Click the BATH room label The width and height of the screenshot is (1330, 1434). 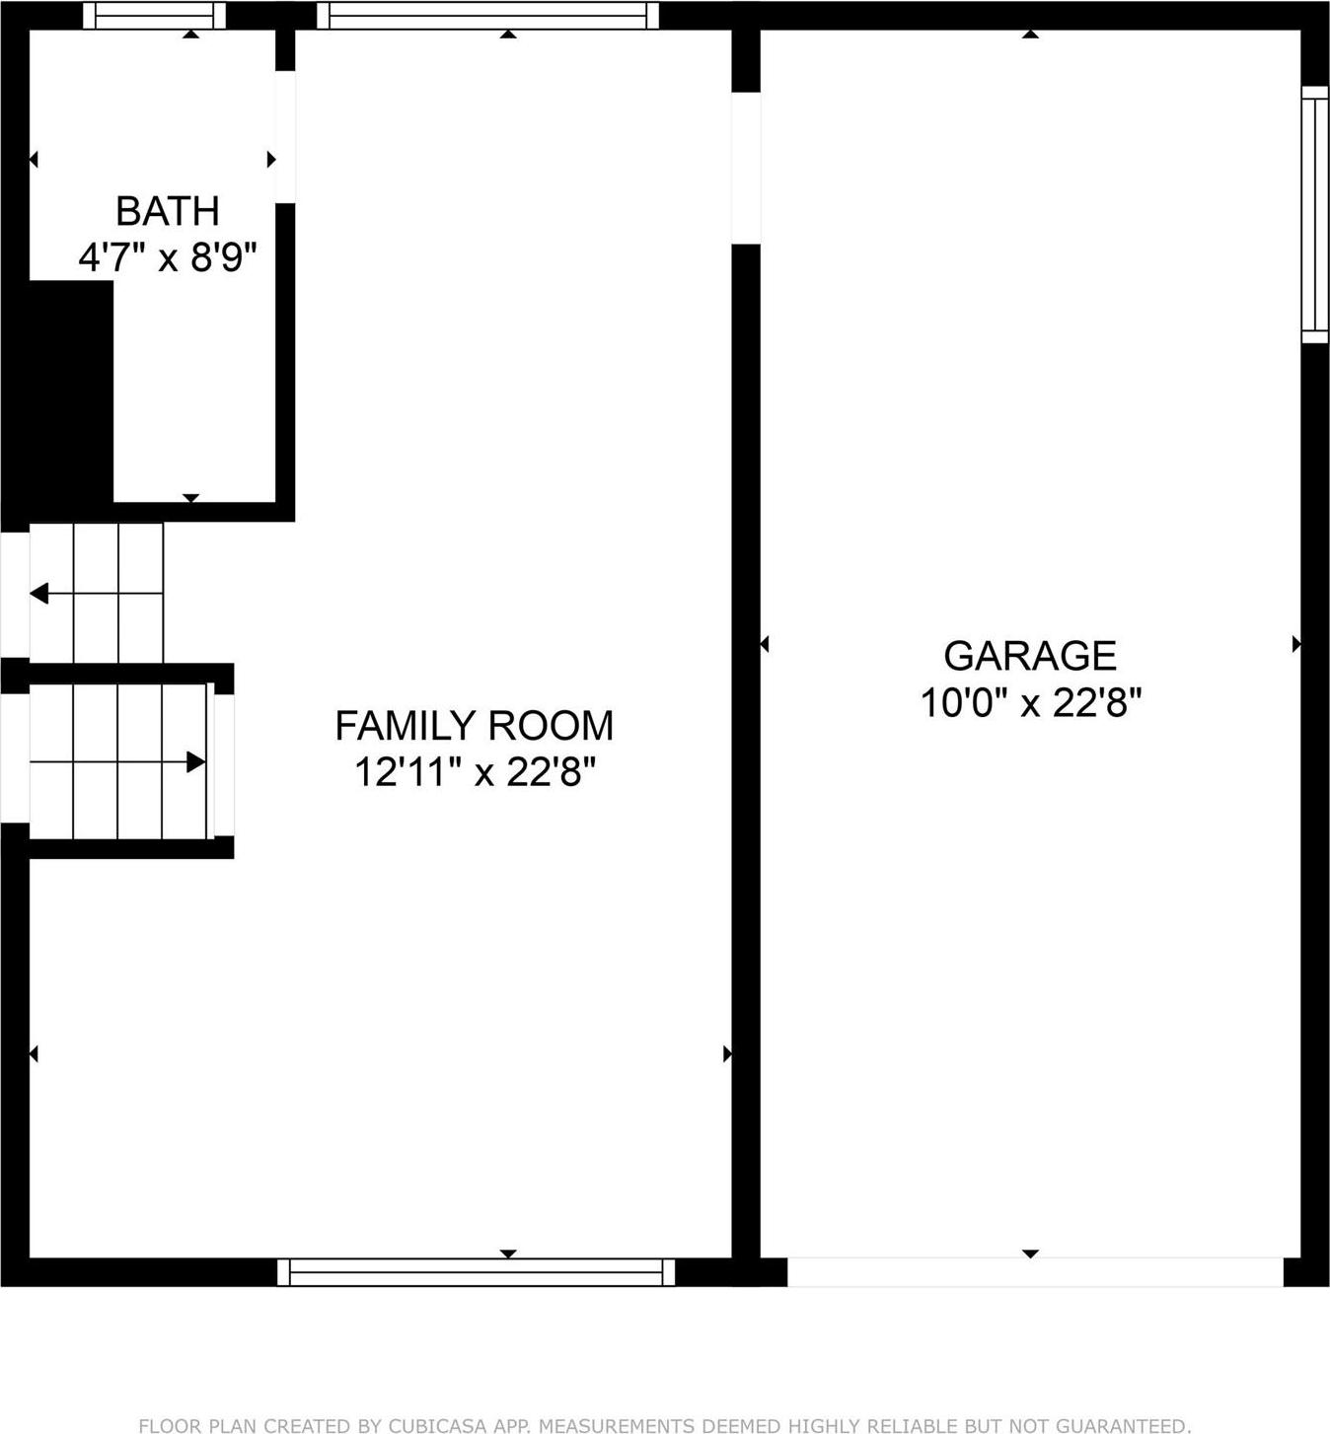(167, 211)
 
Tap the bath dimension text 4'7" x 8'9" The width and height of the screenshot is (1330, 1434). (167, 258)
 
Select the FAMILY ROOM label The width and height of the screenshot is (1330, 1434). (474, 726)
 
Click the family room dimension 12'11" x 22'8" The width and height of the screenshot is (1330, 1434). (474, 772)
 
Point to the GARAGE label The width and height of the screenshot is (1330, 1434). (1030, 656)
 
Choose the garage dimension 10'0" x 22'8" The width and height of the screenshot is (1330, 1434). (1030, 703)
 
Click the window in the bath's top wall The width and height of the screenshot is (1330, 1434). (154, 15)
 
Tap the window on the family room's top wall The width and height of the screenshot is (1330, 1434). (487, 15)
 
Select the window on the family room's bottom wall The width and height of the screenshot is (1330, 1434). (476, 1272)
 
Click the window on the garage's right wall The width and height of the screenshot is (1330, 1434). (1314, 214)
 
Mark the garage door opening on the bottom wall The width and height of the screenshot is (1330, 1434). (1034, 1272)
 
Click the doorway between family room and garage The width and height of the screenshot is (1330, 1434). (746, 168)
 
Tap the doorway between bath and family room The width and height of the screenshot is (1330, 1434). (285, 137)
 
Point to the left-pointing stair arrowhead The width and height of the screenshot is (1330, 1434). (39, 594)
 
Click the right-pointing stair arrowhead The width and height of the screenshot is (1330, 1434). (195, 762)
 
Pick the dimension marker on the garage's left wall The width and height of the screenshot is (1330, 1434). (764, 644)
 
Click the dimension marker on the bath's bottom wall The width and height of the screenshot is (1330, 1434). (191, 498)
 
